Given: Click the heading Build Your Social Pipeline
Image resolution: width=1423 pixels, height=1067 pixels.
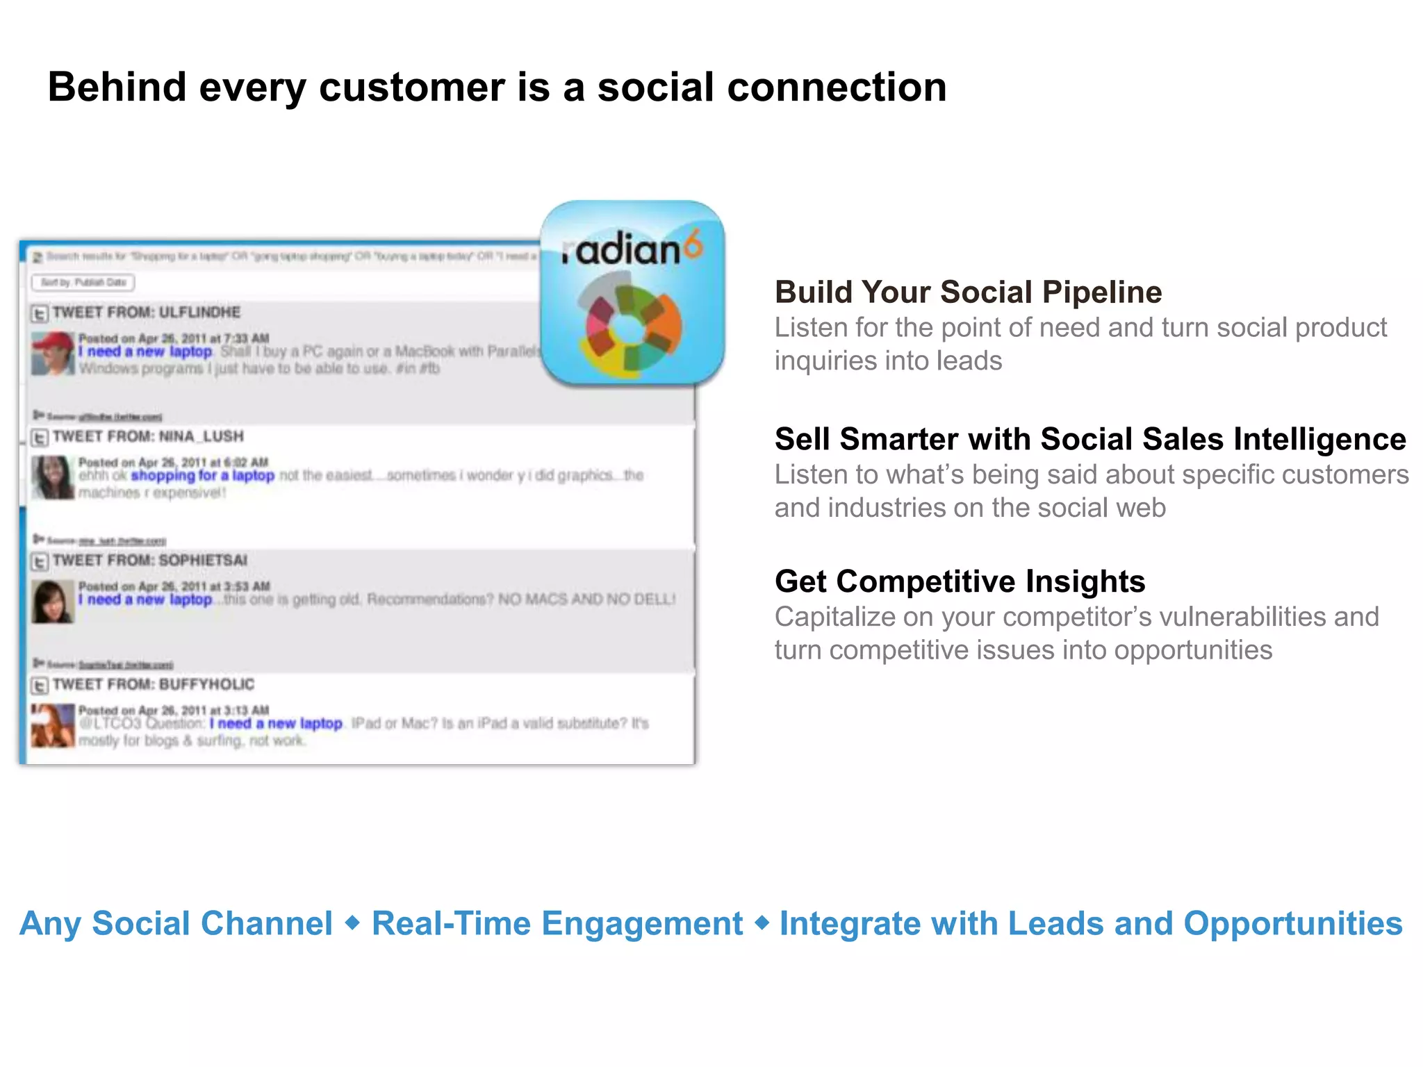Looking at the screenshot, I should pos(968,292).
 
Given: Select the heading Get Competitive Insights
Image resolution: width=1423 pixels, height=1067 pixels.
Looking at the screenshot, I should pos(960,581).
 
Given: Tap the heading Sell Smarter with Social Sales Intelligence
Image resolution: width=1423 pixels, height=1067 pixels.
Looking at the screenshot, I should pos(1089,439).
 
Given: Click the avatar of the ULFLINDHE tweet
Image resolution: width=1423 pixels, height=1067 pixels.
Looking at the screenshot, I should pos(53,353).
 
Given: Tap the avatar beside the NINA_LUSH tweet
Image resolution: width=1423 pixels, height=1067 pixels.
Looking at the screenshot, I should pos(53,477).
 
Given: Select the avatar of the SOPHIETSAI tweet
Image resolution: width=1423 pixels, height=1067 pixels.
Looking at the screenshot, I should pos(53,602).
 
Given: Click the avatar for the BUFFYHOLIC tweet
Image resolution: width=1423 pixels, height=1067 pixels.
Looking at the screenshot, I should pos(53,725).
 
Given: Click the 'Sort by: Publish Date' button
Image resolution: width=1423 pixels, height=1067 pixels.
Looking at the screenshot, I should pos(83,282).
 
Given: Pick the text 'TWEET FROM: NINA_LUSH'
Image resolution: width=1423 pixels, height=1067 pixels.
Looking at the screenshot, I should pos(148,436).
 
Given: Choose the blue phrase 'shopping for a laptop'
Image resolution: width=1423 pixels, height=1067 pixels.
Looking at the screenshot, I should pos(202,476).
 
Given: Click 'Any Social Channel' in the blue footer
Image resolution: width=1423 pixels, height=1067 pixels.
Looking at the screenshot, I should pos(176,924).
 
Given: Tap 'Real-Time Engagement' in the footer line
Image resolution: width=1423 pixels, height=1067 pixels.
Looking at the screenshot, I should pos(557,924).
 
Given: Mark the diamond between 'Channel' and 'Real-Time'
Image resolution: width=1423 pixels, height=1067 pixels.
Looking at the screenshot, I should pos(352,923).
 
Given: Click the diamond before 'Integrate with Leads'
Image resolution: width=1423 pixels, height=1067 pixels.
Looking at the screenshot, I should pos(762,923).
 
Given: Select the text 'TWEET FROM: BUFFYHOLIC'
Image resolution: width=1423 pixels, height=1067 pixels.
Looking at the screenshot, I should pos(154,684).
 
